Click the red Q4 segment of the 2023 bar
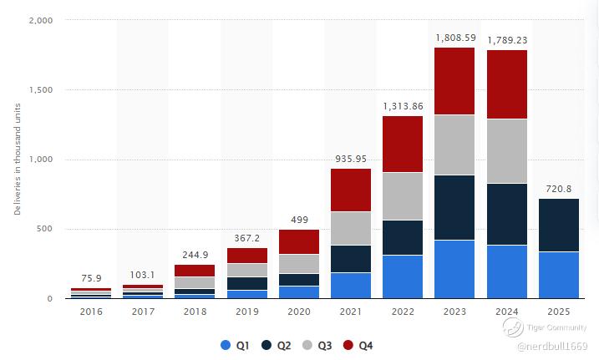click(x=454, y=81)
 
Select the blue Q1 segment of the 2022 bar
click(x=403, y=276)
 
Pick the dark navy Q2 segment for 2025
click(x=559, y=225)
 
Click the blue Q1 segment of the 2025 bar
click(x=559, y=275)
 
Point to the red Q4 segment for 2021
click(x=351, y=190)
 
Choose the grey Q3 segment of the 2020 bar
click(x=299, y=264)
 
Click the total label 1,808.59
click(x=454, y=38)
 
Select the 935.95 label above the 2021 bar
click(x=351, y=159)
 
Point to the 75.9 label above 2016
click(x=91, y=278)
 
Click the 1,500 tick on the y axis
click(x=40, y=89)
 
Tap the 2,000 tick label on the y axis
click(x=40, y=20)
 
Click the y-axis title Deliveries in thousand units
click(x=18, y=159)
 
